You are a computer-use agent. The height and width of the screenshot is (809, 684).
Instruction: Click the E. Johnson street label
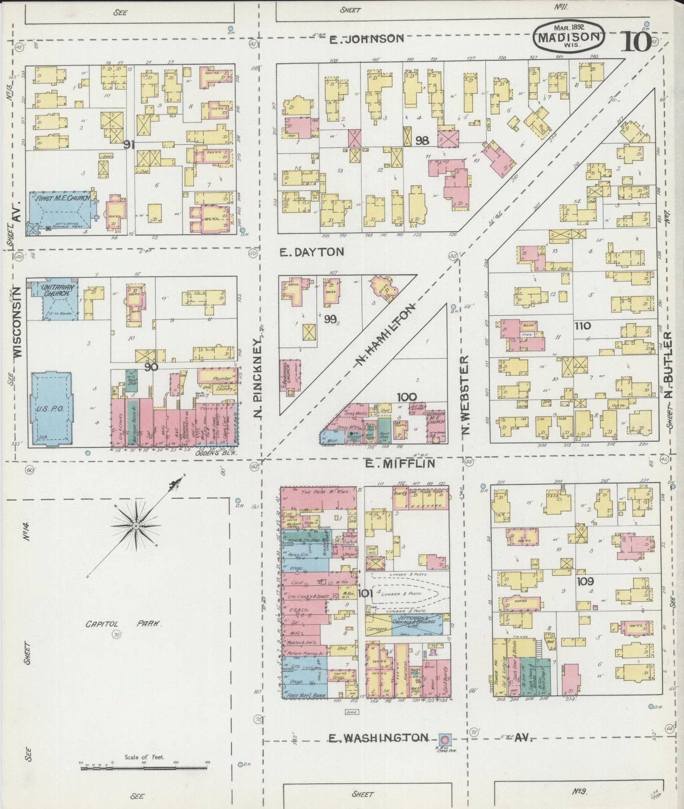pos(367,39)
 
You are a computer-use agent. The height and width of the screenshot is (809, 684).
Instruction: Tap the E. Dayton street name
pos(311,252)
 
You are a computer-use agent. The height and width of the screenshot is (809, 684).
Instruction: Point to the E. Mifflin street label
pos(400,464)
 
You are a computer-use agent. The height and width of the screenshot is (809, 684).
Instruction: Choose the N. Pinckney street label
pos(258,378)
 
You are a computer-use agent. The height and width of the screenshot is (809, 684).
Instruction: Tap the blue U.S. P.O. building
pos(52,409)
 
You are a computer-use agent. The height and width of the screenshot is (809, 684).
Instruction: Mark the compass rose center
pos(136,526)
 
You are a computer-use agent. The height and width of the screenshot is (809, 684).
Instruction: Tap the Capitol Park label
pos(124,624)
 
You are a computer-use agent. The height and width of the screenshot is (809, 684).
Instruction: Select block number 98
pos(422,141)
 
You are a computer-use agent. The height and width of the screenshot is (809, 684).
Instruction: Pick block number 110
pos(582,326)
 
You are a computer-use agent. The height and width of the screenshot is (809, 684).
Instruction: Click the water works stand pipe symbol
pos(444,739)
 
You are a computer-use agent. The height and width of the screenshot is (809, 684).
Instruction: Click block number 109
pos(585,581)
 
